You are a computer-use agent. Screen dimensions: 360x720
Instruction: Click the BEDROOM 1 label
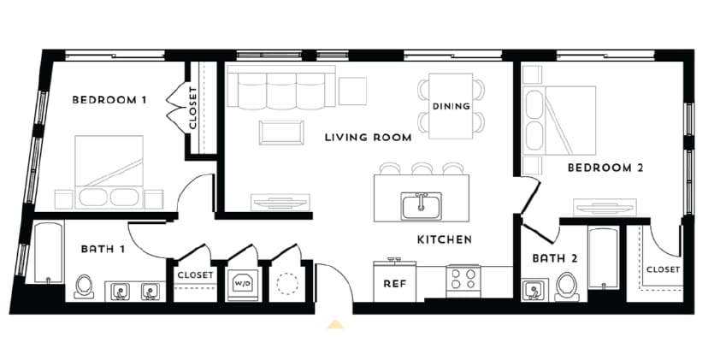(109, 100)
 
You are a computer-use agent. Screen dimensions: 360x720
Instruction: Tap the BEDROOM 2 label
(605, 168)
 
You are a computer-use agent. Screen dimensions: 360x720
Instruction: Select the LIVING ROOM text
(368, 137)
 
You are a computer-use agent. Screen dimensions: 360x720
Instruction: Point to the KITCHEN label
(444, 240)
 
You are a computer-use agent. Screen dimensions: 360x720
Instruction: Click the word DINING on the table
(451, 107)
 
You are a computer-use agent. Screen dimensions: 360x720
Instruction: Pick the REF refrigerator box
(393, 282)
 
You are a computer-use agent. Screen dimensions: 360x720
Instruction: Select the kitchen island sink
(421, 205)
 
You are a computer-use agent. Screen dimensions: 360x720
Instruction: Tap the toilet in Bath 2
(566, 286)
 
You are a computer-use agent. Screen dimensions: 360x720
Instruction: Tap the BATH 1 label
(105, 250)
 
